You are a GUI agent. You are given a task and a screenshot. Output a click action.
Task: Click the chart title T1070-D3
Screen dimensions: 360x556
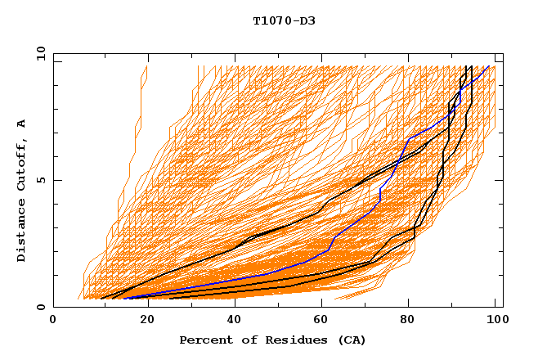[x=284, y=20]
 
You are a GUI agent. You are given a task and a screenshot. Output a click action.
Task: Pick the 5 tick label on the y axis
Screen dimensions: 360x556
[x=40, y=180]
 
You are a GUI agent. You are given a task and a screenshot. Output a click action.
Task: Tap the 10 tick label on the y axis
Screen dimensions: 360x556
[x=38, y=53]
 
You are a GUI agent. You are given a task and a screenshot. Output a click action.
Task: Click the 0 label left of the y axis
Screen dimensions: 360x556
[x=40, y=307]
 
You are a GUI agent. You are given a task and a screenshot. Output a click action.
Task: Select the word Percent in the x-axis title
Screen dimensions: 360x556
[x=204, y=340]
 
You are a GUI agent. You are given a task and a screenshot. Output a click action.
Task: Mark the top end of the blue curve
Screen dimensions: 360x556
[x=489, y=66]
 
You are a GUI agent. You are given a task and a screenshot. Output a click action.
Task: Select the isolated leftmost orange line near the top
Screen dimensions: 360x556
[x=141, y=90]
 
